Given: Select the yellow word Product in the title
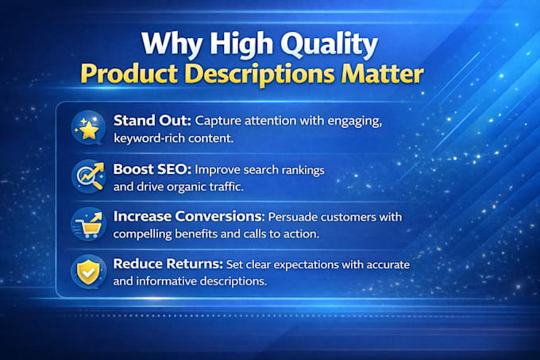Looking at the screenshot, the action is tap(129, 73).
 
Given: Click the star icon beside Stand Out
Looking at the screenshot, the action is tap(88, 128).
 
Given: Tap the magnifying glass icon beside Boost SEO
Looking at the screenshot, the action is tap(88, 176).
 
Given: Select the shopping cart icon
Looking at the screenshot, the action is tap(88, 224).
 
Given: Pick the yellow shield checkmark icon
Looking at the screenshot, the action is tap(88, 272).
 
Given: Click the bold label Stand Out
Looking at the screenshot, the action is tap(152, 121).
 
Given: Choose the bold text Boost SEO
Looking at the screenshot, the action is tap(152, 169).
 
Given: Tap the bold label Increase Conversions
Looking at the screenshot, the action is tap(189, 216).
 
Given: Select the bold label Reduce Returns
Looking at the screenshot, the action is tap(168, 264).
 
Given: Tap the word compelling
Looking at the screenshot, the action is tap(142, 234).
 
